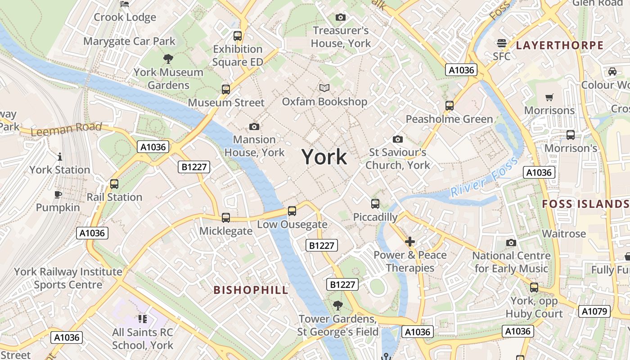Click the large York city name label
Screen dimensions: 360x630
pos(324,157)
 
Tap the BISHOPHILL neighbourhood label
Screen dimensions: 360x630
pos(251,290)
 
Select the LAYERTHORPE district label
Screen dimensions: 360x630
pos(559,45)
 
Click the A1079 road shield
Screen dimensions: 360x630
pos(594,311)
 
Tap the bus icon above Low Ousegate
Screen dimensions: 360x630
pos(292,211)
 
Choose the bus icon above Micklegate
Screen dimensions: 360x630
pos(226,217)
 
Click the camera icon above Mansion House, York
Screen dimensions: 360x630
pos(254,126)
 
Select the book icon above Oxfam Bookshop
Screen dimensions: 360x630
pos(324,88)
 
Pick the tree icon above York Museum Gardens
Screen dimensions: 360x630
pos(168,58)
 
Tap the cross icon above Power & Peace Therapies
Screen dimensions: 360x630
pos(410,242)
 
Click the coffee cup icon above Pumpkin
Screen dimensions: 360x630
pos(58,194)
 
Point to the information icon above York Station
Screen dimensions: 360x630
pos(60,157)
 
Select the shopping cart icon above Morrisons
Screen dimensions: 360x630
pos(549,97)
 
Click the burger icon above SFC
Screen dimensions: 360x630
pos(502,43)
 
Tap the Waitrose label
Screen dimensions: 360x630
pos(564,234)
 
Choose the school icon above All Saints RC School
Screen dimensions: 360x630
pos(143,319)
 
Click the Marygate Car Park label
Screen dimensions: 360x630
pos(129,41)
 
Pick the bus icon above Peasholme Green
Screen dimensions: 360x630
pos(449,106)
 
